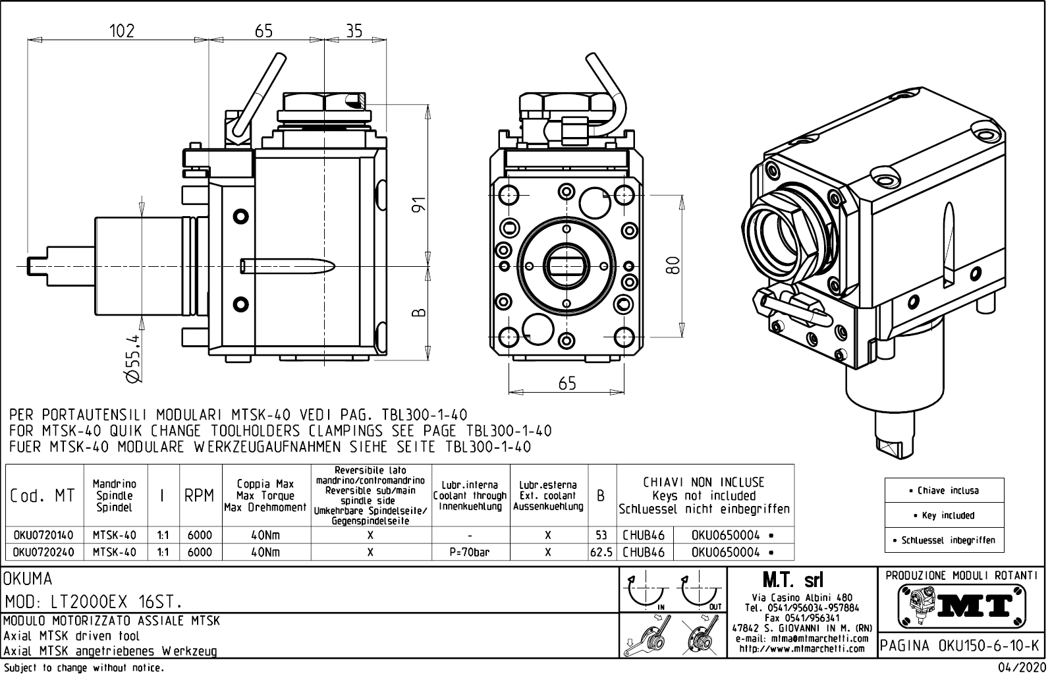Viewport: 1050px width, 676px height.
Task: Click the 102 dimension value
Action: click(x=121, y=30)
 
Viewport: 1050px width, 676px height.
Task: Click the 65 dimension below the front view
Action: click(x=566, y=383)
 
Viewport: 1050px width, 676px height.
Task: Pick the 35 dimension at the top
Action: click(x=354, y=30)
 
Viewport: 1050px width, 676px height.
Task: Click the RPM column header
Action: click(x=198, y=496)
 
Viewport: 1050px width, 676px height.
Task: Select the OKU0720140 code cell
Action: click(x=43, y=536)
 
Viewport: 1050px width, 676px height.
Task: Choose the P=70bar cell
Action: click(x=470, y=552)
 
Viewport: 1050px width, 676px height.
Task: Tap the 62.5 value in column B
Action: click(x=601, y=552)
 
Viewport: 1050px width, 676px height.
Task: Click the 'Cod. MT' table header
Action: click(x=43, y=496)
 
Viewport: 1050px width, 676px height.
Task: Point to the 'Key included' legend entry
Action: click(x=944, y=515)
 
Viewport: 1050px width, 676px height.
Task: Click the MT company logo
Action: click(x=961, y=604)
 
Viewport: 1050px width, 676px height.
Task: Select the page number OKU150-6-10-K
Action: click(x=961, y=645)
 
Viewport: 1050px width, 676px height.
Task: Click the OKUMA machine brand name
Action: click(x=28, y=579)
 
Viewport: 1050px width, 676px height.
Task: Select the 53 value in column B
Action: click(x=601, y=536)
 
